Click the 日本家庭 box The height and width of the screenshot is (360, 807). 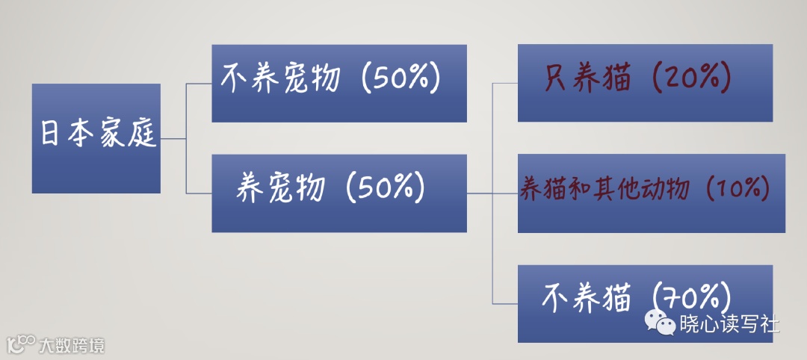(96, 138)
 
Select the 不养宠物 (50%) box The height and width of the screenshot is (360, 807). (338, 83)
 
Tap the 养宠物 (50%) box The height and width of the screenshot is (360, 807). (338, 193)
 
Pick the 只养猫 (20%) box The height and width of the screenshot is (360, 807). (644, 82)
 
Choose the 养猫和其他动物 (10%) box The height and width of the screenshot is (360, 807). (651, 193)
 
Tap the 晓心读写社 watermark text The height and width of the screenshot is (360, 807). (729, 324)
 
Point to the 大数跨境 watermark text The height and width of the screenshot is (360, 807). (72, 346)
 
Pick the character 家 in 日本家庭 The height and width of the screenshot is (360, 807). (110, 135)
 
